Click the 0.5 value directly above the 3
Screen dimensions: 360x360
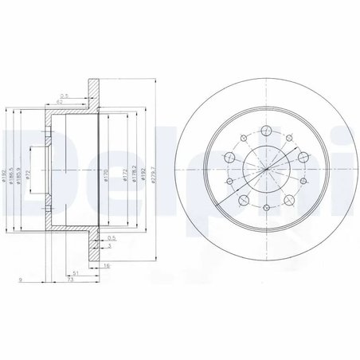point(112,237)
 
